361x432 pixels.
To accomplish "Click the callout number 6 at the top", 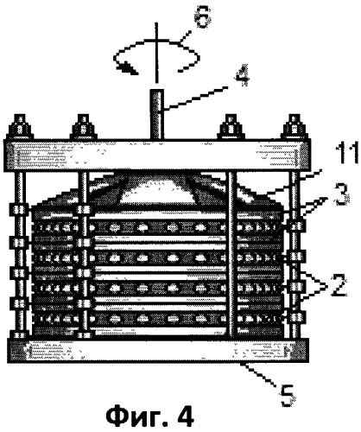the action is coord(203,18).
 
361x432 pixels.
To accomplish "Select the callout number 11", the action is coord(346,153).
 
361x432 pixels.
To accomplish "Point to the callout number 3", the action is coord(341,196).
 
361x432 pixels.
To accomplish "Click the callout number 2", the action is coord(339,286).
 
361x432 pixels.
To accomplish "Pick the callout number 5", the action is coord(288,396).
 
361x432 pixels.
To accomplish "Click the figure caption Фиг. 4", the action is coord(150,417).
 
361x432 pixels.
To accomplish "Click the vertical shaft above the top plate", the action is coord(157,114).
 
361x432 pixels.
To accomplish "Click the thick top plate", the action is coord(157,156).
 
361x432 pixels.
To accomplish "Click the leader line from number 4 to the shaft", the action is coord(195,98).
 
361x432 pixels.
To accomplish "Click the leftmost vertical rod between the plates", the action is coord(20,255).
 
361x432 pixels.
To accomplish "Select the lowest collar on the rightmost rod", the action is coord(297,317).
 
